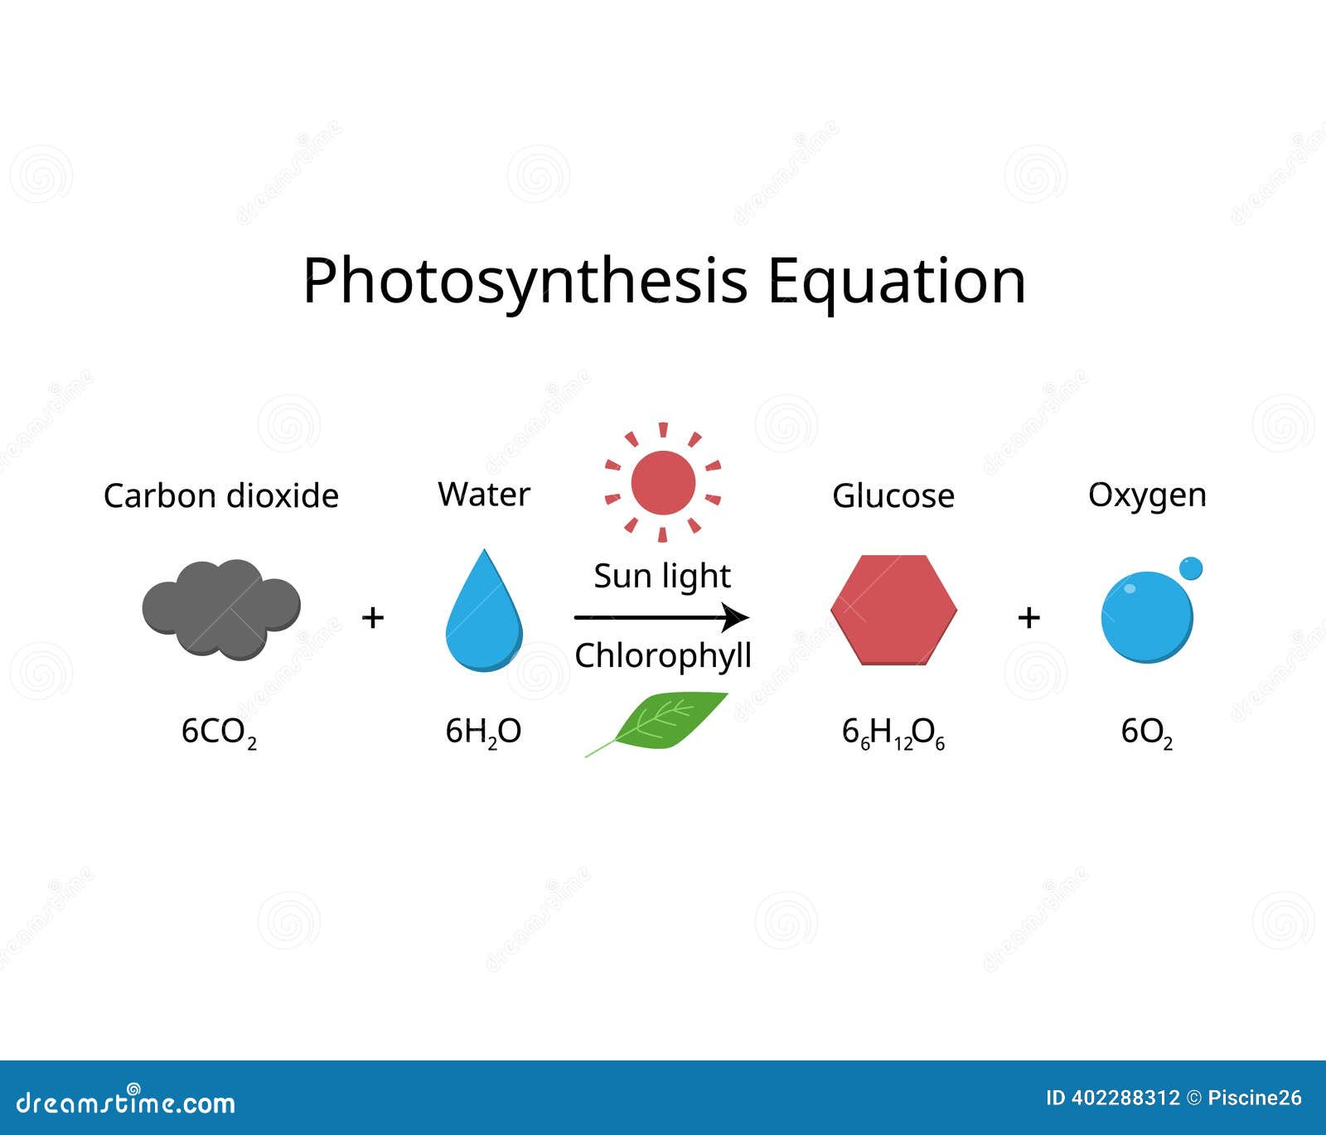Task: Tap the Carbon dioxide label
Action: (221, 495)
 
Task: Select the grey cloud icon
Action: (221, 609)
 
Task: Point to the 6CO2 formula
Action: (219, 732)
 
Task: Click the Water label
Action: (484, 494)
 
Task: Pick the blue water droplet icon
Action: (484, 610)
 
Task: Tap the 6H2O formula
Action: (483, 732)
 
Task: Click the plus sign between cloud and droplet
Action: (373, 617)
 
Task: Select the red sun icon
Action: (663, 482)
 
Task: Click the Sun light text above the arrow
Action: (662, 576)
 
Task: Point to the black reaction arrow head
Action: (735, 617)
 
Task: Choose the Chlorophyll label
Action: (663, 656)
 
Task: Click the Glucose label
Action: (893, 495)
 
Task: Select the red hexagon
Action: (894, 610)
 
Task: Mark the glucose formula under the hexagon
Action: (893, 733)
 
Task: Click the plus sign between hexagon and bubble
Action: (1028, 617)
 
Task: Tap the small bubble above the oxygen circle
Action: (1191, 569)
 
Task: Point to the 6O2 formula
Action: (1147, 732)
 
